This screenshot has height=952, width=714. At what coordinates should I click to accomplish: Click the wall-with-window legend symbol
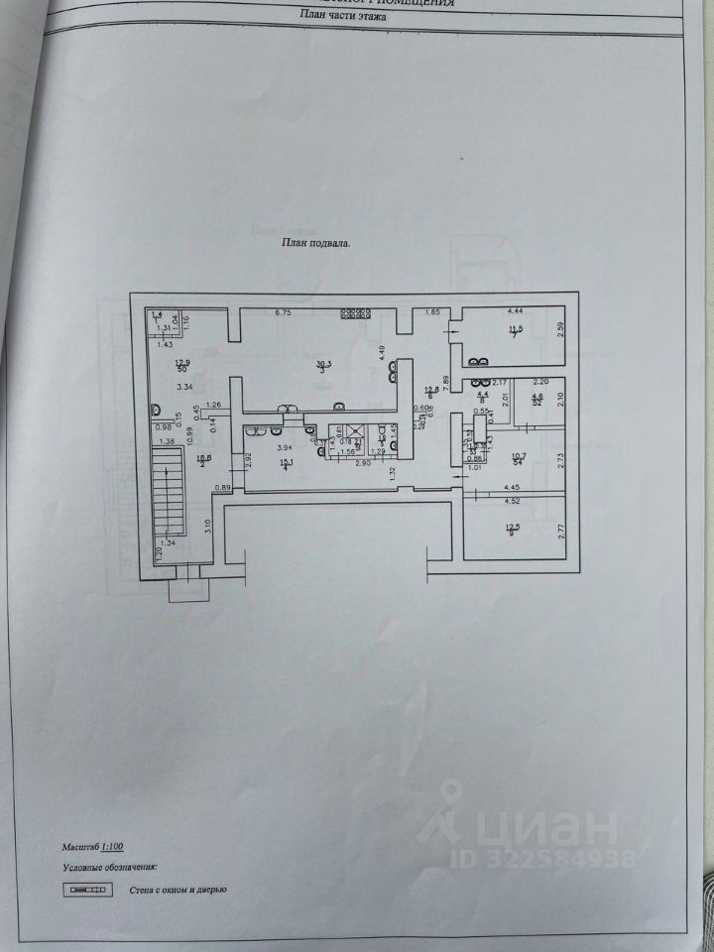[86, 889]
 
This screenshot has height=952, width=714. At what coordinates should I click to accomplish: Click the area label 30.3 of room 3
[322, 364]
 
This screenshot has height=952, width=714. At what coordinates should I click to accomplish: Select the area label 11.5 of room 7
[515, 329]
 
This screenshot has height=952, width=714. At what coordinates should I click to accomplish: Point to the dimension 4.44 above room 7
[515, 310]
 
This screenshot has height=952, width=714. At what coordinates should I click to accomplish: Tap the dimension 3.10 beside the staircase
[207, 526]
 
